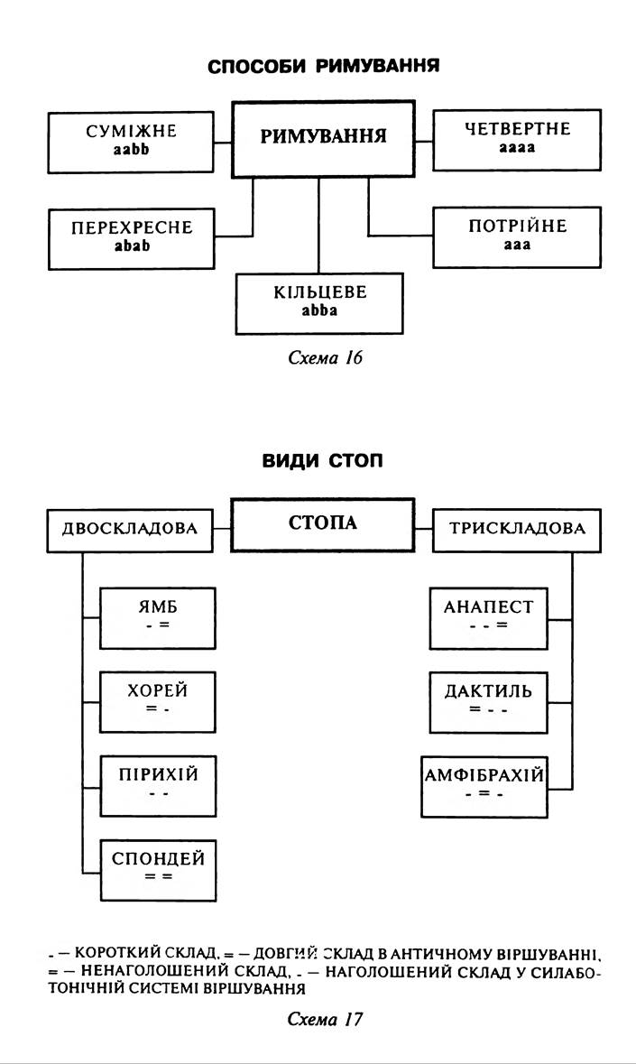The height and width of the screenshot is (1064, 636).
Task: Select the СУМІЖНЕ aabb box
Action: pos(131,142)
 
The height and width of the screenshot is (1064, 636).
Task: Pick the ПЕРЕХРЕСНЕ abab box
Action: pos(132,237)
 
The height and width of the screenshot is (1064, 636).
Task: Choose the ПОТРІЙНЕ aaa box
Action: pos(517,236)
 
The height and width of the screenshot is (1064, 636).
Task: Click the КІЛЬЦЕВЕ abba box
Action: pos(319,302)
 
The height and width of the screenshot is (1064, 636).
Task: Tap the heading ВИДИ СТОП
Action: pos(323,461)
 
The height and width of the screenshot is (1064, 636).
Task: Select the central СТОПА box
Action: pos(322,523)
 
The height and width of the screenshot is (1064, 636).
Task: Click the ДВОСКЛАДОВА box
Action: pos(130,530)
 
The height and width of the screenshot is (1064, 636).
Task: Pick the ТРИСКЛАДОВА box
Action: pos(517,530)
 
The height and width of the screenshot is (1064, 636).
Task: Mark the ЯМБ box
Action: pos(158,617)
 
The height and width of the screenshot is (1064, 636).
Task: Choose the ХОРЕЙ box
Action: pos(158,701)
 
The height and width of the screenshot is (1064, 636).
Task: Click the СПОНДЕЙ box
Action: pos(158,867)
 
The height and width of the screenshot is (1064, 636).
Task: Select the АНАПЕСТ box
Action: pos(488,617)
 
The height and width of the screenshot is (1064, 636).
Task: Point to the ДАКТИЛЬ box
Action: pos(488,701)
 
